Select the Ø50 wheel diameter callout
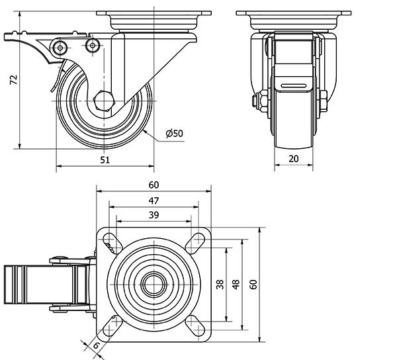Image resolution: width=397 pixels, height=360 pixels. coord(175,133)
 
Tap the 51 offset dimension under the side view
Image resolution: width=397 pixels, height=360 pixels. coord(105,159)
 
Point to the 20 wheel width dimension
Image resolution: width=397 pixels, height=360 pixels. coord(294,159)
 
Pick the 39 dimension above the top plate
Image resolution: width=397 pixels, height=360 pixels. coord(154,216)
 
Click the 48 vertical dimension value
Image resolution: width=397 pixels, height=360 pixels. coord(235,284)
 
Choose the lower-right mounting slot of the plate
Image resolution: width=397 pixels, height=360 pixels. coord(195,324)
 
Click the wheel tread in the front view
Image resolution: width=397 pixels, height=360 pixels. coord(294,126)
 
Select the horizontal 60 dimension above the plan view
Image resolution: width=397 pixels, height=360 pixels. coord(154,185)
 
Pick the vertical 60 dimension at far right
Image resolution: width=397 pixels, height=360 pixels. coord(252,284)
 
